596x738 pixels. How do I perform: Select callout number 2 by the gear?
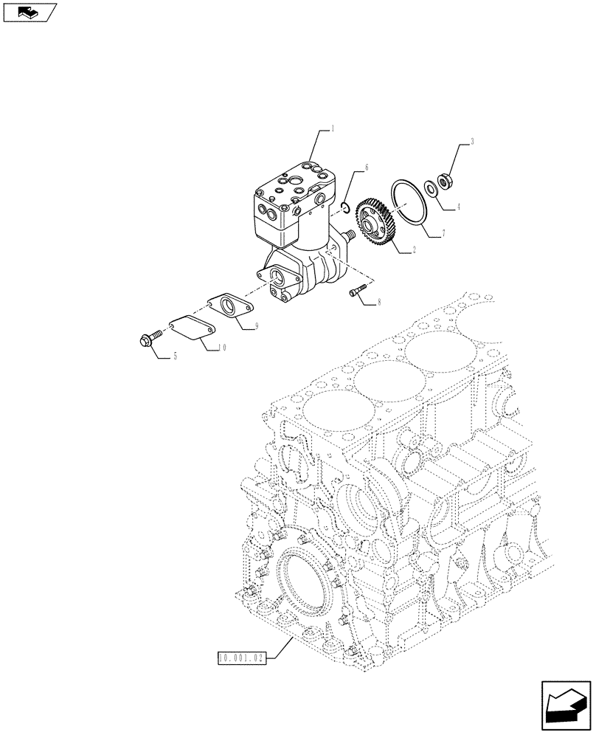pyautogui.click(x=415, y=251)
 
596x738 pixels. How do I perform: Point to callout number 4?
pyautogui.click(x=458, y=207)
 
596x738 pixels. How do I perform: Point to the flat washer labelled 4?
pyautogui.click(x=434, y=188)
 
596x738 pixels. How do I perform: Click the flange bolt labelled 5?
pyautogui.click(x=147, y=339)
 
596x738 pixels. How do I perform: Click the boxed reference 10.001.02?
pyautogui.click(x=241, y=655)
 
